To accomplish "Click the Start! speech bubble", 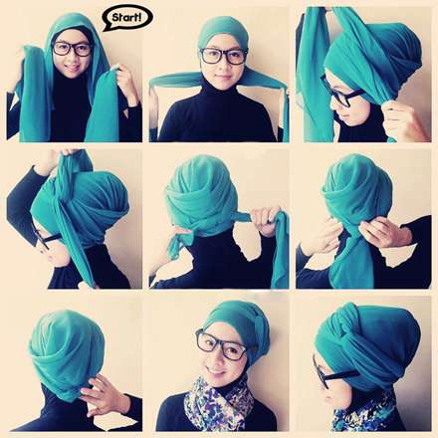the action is [127, 18].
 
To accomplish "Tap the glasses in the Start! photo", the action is [72, 49].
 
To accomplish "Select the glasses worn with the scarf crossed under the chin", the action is [224, 56].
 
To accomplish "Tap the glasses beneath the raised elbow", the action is [47, 236].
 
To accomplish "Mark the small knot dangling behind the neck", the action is [180, 242].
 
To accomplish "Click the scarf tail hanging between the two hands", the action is [351, 259].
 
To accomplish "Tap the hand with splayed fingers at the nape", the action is [102, 394].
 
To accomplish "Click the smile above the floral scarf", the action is [217, 369].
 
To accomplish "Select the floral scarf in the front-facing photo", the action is [219, 405].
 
